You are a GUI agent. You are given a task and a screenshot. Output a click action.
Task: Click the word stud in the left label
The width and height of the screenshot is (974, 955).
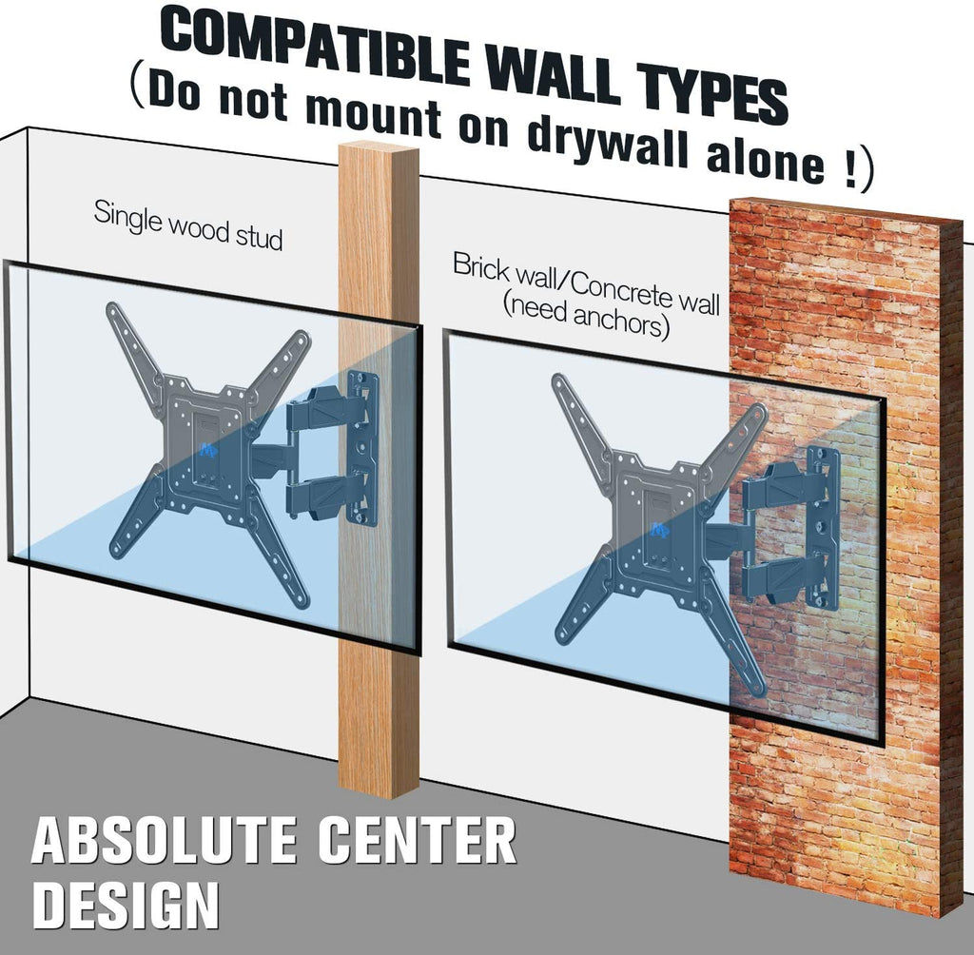[x=259, y=236]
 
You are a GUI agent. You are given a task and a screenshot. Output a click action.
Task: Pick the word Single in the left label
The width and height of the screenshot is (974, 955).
[x=127, y=218]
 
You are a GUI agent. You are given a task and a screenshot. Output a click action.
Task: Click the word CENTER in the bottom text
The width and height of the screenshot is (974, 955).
[x=417, y=840]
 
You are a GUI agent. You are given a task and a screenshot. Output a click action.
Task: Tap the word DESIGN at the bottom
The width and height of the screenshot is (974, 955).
[x=126, y=904]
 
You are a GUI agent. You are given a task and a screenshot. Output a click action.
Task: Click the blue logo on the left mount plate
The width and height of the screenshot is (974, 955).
[x=208, y=449]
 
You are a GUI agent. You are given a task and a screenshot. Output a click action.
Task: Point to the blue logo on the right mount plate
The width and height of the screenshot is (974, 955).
[x=660, y=530]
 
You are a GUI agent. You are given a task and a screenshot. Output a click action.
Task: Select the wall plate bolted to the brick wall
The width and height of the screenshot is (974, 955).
[x=824, y=528]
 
